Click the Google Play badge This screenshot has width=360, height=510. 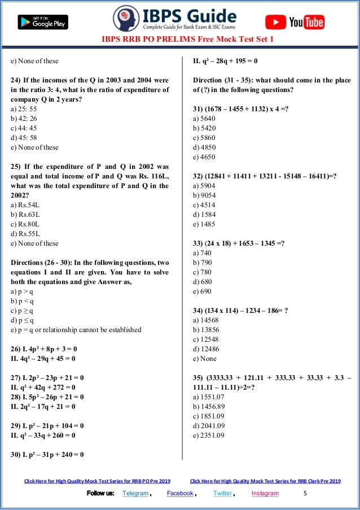tap(43, 23)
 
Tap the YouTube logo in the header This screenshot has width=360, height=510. tap(295, 22)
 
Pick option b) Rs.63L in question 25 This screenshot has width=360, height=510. tap(26, 215)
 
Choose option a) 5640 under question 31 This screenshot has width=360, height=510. tap(204, 119)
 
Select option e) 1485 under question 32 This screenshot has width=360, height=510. tap(204, 224)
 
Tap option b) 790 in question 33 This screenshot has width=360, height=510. tap(203, 263)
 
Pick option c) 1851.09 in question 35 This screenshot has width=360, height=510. tap(209, 416)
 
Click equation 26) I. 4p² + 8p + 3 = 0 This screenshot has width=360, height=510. tap(43, 349)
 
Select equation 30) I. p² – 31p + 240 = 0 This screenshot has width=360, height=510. tap(47, 454)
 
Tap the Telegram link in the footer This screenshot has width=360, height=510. tap(135, 493)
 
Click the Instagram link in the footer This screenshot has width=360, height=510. tap(265, 493)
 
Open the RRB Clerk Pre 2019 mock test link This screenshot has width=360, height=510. tap(265, 481)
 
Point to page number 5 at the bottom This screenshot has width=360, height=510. tap(305, 493)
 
